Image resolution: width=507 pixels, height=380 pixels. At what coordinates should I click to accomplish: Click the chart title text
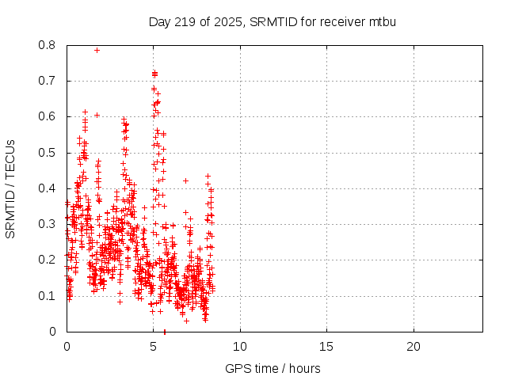tap(273, 21)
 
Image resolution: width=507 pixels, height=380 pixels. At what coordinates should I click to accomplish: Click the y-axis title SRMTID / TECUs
tap(10, 188)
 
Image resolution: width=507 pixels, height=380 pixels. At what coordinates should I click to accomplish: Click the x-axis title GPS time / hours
tap(273, 368)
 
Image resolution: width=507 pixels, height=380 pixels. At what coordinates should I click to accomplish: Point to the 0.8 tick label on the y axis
tap(49, 45)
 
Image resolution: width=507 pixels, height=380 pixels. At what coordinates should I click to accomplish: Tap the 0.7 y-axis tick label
tap(49, 81)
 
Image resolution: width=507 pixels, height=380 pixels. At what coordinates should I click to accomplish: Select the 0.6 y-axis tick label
tap(49, 116)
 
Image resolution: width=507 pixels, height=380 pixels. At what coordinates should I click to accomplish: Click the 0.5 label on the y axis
tap(49, 152)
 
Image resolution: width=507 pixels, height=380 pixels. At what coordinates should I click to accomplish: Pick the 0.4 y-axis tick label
tap(49, 188)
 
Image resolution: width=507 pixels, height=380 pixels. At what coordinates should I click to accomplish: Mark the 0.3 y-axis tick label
tap(49, 224)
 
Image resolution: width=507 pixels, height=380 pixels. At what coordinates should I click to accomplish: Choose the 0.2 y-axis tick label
tap(49, 260)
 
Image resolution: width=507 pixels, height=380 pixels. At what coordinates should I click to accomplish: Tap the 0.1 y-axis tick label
tap(49, 295)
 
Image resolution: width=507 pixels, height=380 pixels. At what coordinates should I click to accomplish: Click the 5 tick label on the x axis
tap(153, 347)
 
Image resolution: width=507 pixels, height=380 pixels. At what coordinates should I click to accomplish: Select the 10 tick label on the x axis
tap(239, 347)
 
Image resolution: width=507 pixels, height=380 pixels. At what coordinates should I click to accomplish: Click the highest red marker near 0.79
tap(97, 50)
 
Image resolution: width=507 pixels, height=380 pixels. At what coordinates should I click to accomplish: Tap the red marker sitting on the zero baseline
tap(164, 331)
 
